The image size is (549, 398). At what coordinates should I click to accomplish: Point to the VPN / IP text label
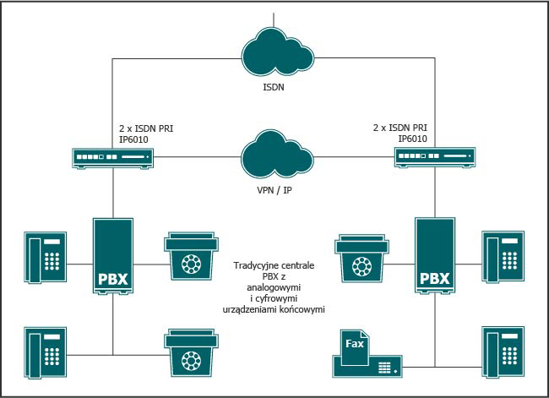pos(274,190)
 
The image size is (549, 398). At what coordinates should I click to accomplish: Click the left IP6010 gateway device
pos(113,157)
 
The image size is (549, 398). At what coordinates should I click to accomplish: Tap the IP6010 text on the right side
pos(412,139)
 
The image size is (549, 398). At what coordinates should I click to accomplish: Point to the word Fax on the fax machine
pos(356,343)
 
